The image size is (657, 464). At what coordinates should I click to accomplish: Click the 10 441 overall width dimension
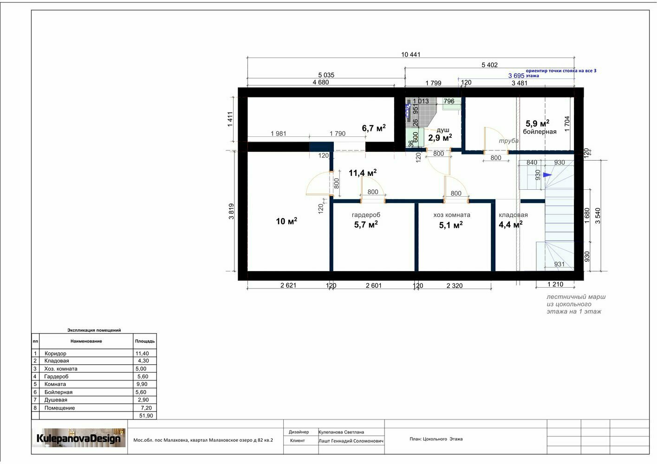coord(410,54)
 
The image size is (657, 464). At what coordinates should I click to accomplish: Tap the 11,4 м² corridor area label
coord(363,173)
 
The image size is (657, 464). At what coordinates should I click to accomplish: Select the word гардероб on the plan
coord(366,215)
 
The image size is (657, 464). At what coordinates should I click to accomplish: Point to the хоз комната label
coord(452,215)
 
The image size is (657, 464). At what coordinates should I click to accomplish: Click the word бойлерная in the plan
coord(540,132)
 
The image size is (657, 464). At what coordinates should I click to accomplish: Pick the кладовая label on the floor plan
coord(513,215)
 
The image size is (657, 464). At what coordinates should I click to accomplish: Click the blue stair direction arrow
coord(547,175)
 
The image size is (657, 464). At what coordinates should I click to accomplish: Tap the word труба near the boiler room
coord(508,141)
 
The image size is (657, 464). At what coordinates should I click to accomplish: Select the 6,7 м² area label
coord(374,128)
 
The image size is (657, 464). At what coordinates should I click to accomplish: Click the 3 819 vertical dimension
coord(231,211)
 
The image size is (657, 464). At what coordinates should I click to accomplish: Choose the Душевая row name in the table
coord(56,400)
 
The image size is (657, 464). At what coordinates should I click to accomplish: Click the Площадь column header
coord(145,341)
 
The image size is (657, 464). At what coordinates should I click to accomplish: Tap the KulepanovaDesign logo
coord(78,438)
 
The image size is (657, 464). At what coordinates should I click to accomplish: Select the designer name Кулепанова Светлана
coord(341,432)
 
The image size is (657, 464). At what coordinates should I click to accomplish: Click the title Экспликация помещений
coord(94,330)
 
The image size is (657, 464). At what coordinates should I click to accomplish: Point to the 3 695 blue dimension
coord(516,76)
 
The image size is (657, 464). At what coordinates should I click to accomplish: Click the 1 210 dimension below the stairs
coord(555,284)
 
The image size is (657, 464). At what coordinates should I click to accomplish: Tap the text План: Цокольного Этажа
coord(436,439)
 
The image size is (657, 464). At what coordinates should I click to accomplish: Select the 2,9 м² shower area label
coord(440,137)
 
